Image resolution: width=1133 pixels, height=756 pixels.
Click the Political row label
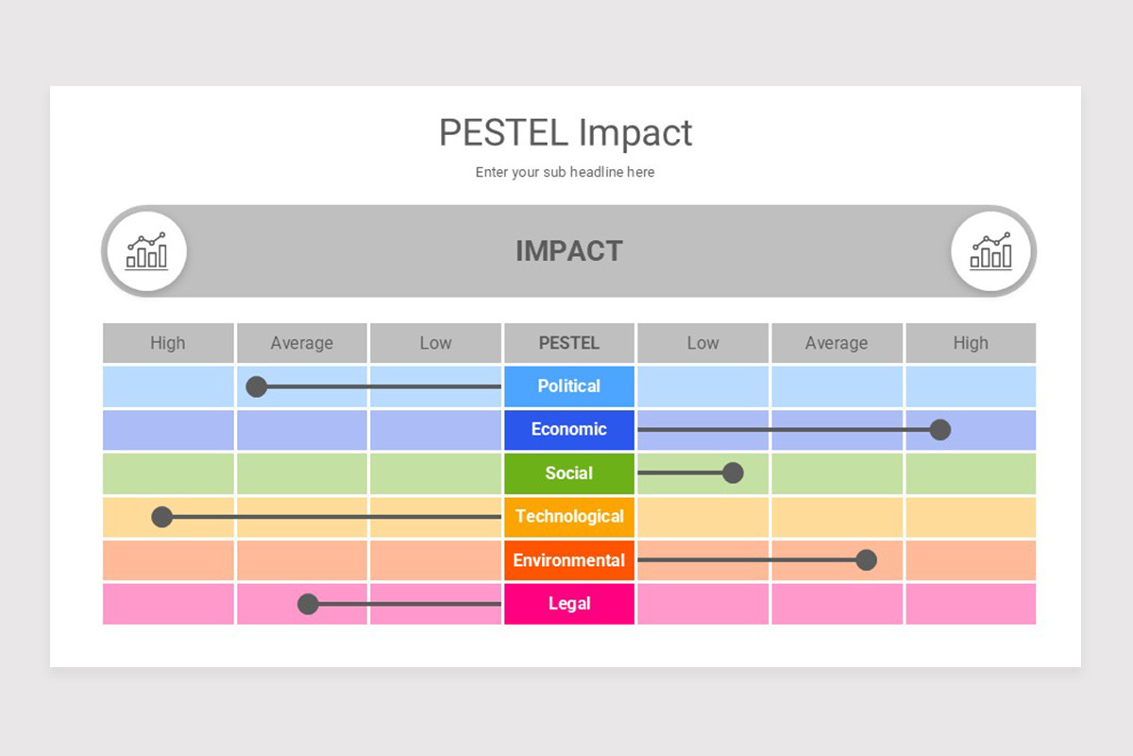click(568, 386)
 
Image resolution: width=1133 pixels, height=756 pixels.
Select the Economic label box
click(568, 429)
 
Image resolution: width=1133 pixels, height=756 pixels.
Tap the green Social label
click(568, 472)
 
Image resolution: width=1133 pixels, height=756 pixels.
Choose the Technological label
click(568, 516)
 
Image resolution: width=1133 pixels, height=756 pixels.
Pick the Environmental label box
click(568, 559)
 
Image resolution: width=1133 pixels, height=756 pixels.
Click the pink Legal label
click(568, 603)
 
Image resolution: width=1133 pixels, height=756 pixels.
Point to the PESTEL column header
click(568, 343)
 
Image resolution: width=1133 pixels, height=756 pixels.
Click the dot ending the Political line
click(256, 387)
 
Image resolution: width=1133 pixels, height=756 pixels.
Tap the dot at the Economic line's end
click(939, 430)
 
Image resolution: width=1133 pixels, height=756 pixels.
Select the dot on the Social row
click(733, 472)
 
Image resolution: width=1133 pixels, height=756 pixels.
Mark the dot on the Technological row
click(162, 517)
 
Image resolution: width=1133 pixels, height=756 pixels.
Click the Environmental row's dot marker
click(866, 560)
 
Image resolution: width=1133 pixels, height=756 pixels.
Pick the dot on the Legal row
click(308, 604)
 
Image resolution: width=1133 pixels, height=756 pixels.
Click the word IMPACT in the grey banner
click(568, 251)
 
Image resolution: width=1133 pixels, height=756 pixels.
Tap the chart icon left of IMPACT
click(146, 251)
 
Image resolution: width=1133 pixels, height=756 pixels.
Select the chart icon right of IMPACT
click(990, 251)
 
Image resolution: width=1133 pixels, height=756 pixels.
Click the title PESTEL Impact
click(566, 132)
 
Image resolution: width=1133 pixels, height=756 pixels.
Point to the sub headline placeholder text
click(565, 172)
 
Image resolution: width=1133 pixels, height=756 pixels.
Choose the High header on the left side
click(168, 343)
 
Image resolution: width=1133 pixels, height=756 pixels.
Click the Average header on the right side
click(837, 343)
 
